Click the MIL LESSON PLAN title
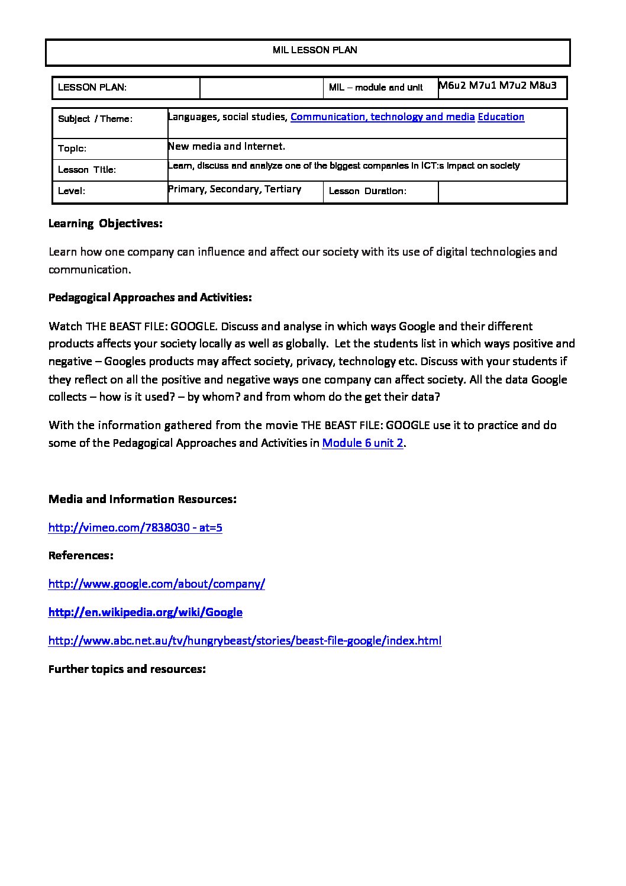(315, 50)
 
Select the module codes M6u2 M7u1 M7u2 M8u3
(498, 85)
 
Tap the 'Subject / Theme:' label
(95, 119)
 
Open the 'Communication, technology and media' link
(382, 117)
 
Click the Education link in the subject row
(501, 117)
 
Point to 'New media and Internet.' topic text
(227, 146)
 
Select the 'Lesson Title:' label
(87, 170)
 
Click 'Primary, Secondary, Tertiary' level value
(235, 189)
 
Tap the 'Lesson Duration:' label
(367, 191)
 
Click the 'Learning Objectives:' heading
(105, 224)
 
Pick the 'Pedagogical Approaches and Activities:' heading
(150, 297)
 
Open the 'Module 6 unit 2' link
(363, 443)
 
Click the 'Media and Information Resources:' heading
(143, 499)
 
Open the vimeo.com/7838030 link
(135, 527)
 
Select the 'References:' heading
(81, 555)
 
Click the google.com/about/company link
(157, 584)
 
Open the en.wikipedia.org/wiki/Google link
(146, 612)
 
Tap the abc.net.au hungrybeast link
(245, 640)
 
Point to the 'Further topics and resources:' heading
(127, 669)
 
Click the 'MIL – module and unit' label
(376, 88)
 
